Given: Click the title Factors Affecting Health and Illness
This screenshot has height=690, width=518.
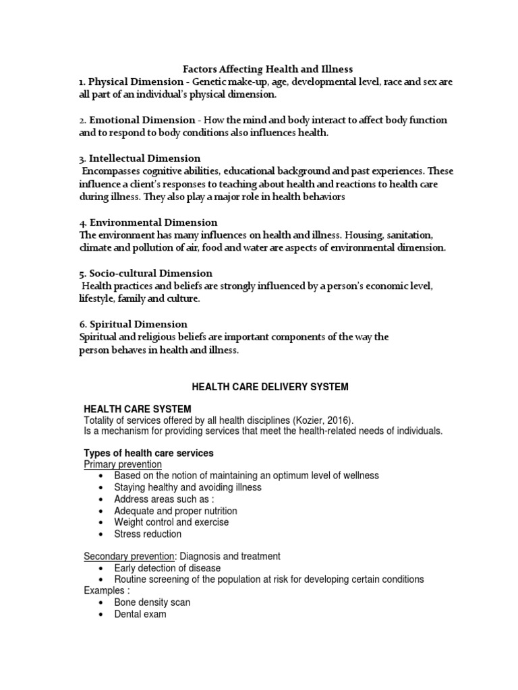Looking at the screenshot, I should coord(268,69).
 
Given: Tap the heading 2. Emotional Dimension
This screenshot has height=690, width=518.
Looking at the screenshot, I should coord(137,120).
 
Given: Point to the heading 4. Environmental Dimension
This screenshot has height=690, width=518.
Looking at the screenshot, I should coord(148,222).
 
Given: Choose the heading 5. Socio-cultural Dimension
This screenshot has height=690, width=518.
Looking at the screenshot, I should coord(145,273).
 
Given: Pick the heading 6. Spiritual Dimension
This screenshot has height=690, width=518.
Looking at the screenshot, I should coord(133,324).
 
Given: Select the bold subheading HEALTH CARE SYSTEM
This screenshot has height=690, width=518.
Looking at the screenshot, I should coord(137,409).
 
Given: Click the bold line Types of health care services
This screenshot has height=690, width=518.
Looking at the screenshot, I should coord(148,453).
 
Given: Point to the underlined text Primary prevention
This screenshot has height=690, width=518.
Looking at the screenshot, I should coord(123,464).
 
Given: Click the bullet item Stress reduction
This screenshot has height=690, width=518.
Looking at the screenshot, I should coord(148,534).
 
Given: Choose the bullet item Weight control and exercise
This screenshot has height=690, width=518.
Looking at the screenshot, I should coord(171,522).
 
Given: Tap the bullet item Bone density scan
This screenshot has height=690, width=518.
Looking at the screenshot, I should coord(152,602).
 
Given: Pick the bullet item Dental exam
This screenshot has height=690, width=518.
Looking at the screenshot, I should coord(140,614).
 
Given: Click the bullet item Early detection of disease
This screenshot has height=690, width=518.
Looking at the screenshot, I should coord(168,568).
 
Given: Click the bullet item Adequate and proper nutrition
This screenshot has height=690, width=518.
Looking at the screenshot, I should coord(175,511).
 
